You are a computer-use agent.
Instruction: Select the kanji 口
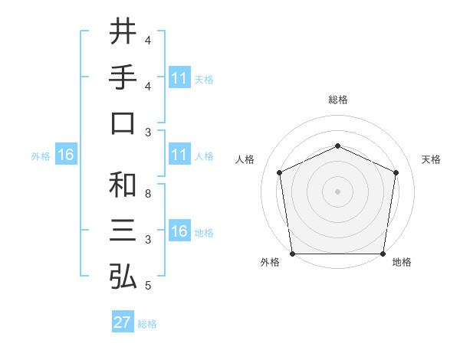[123, 123]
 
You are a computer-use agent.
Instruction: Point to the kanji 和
[123, 185]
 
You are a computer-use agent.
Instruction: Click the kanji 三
[123, 231]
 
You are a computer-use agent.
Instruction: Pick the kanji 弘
[123, 277]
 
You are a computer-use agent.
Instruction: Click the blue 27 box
[122, 322]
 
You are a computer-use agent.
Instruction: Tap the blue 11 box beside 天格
[179, 77]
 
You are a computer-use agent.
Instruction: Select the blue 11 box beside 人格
[179, 155]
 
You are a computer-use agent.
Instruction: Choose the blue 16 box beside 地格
[179, 231]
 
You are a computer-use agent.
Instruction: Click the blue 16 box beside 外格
[65, 155]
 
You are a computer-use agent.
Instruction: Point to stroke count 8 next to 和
[147, 194]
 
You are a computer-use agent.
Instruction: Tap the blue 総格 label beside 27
[147, 323]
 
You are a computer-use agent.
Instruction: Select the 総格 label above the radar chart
[337, 100]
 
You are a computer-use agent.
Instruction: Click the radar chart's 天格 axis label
[431, 159]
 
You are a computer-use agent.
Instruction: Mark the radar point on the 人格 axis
[280, 172]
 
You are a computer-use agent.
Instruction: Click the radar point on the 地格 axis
[383, 254]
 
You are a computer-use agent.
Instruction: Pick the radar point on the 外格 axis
[292, 254]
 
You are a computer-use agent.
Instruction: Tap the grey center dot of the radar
[337, 191]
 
